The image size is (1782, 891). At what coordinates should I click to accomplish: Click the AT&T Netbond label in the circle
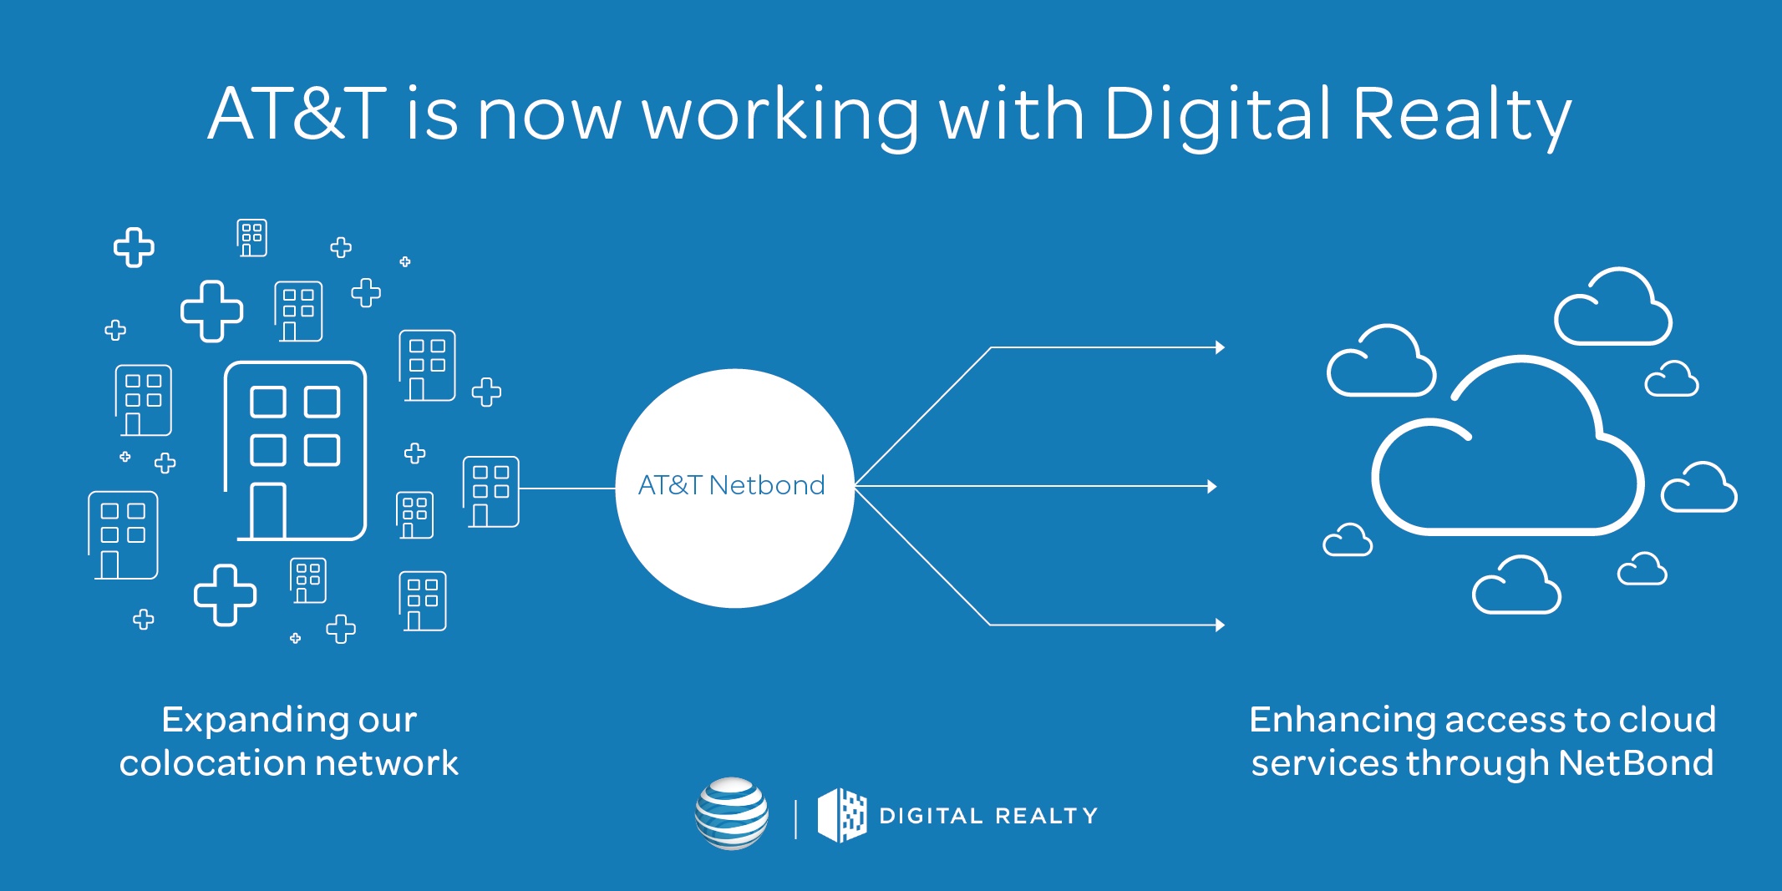click(731, 485)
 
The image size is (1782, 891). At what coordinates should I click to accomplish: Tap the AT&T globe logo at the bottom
click(732, 813)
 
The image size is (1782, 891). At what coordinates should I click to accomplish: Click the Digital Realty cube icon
click(841, 815)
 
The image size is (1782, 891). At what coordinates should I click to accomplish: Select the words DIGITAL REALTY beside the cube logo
click(988, 816)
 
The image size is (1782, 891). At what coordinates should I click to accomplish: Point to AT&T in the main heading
click(297, 114)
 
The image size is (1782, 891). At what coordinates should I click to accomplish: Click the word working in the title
click(780, 117)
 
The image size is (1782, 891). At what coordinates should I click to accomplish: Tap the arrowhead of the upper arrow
click(1221, 347)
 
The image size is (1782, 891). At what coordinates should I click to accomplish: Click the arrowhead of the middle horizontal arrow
click(1213, 486)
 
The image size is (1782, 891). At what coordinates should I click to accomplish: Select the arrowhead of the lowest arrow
click(1221, 625)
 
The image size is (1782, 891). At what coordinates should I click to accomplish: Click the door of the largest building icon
click(268, 511)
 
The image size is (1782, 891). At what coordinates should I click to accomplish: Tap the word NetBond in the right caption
click(1636, 763)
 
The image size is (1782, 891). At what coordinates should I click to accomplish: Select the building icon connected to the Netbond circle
click(491, 492)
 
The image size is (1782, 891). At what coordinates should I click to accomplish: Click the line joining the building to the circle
click(567, 489)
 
